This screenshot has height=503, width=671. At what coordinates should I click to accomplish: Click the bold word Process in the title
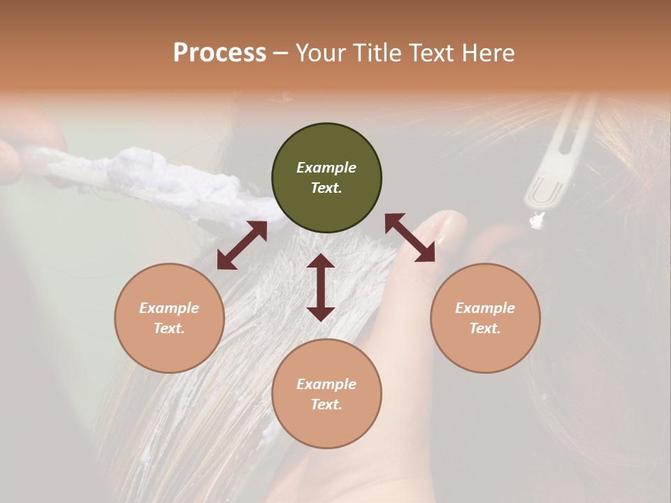tap(219, 53)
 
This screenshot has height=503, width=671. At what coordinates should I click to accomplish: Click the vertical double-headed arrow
tap(321, 287)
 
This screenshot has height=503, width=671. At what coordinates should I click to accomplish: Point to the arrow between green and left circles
tap(242, 245)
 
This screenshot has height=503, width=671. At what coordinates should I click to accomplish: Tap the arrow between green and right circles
tap(410, 238)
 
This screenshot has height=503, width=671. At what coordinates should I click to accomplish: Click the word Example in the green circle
tap(326, 168)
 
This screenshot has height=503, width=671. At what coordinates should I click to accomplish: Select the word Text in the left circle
tap(169, 328)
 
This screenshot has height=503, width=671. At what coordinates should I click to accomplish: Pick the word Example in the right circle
tap(485, 308)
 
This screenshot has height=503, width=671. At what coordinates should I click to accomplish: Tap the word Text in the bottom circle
tap(326, 404)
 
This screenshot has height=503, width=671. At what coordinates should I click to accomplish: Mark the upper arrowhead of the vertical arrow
tap(321, 263)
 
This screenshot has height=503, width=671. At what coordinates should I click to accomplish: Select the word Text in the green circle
tap(326, 188)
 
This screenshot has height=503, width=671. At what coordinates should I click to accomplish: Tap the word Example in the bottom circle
tap(326, 384)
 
